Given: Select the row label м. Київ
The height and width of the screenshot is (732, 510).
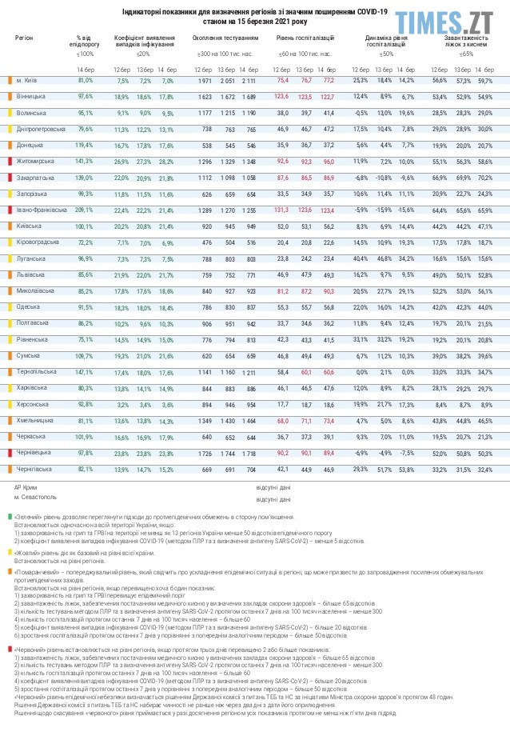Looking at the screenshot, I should tap(26, 81).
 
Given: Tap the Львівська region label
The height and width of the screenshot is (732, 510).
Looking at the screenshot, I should tap(32, 274).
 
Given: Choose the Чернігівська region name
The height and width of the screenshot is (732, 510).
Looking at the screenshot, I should tap(34, 468).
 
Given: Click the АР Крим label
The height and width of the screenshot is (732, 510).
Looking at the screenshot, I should tap(26, 486).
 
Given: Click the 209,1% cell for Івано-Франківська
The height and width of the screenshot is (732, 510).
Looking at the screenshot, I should tap(86, 210).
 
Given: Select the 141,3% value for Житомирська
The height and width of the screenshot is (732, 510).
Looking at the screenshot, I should tap(86, 162).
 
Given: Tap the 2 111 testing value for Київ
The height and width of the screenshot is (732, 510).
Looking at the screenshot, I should tap(249, 81).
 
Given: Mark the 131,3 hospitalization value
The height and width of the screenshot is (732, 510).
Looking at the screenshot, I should tap(281, 210).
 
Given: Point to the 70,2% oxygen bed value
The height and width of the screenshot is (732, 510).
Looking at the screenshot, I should tap(485, 178).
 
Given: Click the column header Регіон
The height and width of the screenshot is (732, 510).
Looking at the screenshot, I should tap(24, 38).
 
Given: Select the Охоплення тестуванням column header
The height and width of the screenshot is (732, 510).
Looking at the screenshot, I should tap(225, 38).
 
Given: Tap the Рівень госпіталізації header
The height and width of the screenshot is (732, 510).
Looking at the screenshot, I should tap(305, 38).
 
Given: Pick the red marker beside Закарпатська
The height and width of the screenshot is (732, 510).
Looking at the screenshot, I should tap(8, 178).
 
